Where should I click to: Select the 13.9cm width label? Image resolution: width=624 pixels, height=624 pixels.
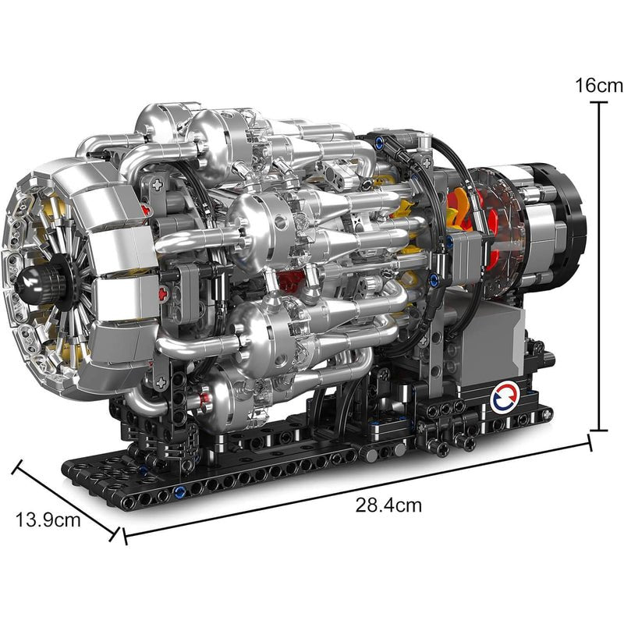(48, 519)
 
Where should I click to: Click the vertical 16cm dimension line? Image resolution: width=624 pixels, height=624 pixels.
(600, 265)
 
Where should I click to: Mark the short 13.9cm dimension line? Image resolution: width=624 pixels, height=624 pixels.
(66, 499)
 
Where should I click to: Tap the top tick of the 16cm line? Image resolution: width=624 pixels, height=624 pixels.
(600, 101)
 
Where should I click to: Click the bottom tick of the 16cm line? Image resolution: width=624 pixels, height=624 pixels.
(600, 430)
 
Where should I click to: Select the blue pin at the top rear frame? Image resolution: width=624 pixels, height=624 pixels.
(380, 143)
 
